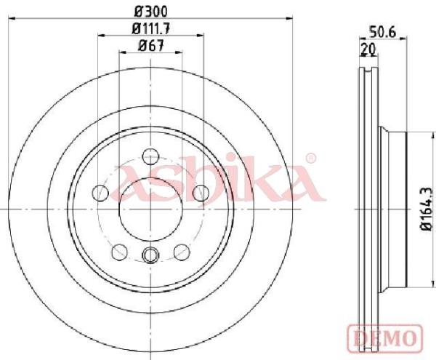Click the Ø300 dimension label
(151, 12)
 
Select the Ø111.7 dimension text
(150, 28)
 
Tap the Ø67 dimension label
(151, 46)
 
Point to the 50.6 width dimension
(382, 32)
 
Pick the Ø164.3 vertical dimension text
(427, 209)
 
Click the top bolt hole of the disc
(150, 156)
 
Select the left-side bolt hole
(100, 193)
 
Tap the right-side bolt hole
(201, 193)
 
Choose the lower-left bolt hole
(120, 252)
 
